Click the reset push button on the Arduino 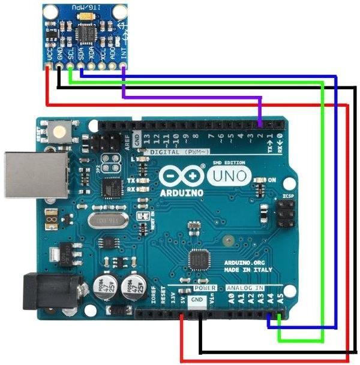pos(59,130)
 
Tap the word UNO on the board pos(230,176)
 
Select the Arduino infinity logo pos(182,176)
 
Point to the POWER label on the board pos(205,288)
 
